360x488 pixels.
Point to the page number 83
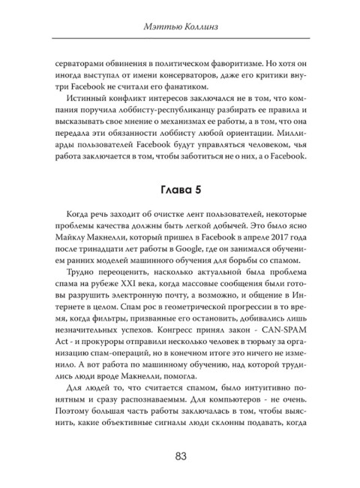[180, 456]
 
